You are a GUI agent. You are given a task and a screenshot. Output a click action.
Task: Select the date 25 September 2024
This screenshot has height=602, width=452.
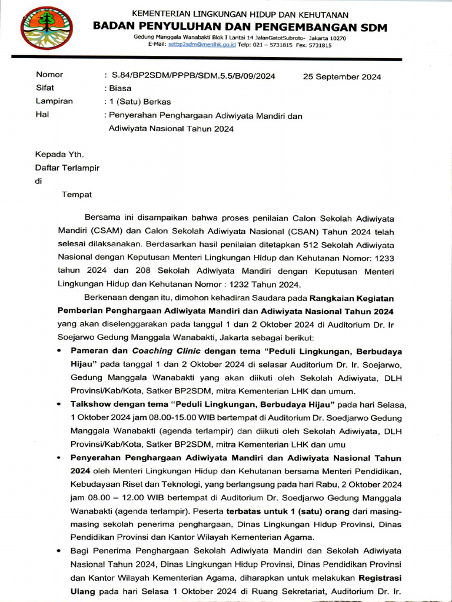342,76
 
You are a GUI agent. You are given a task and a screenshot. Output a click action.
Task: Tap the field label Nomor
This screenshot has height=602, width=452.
49,75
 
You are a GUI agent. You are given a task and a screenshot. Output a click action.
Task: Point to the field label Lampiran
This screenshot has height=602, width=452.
54,101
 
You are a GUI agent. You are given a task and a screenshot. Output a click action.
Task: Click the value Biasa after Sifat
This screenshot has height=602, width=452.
121,88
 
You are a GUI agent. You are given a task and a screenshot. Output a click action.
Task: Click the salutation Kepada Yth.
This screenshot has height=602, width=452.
59,155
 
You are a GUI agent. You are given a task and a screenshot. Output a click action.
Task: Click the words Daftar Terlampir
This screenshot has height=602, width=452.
68,168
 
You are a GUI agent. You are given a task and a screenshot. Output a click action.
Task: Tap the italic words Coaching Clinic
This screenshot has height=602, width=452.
161,351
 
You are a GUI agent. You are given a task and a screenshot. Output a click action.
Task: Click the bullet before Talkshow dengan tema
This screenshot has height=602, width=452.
61,405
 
